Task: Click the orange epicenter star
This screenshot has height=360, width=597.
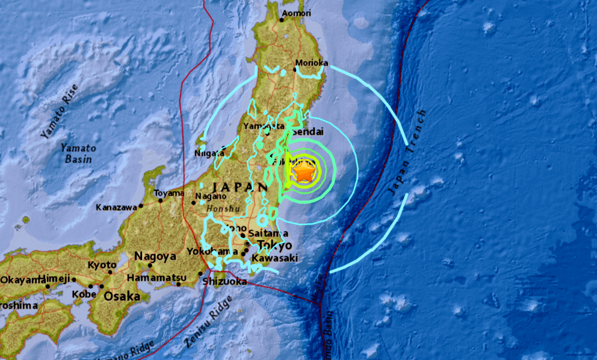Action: pyautogui.click(x=304, y=173)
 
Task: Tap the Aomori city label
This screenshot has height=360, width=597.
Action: pyautogui.click(x=297, y=13)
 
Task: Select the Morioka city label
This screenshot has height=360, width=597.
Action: pyautogui.click(x=312, y=63)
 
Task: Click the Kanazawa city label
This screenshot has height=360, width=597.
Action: pyautogui.click(x=116, y=207)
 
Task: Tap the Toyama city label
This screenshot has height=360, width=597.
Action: pyautogui.click(x=169, y=193)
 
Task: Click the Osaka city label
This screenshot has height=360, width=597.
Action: pyautogui.click(x=122, y=296)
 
